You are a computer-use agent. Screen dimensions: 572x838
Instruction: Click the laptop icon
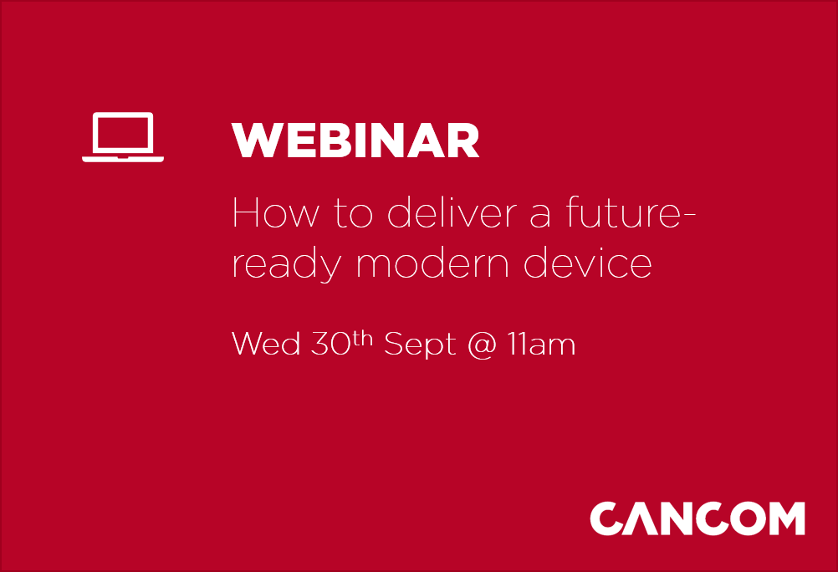pos(123,136)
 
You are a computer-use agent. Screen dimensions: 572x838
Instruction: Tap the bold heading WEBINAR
pos(356,141)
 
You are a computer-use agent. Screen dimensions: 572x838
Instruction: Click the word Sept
pos(420,345)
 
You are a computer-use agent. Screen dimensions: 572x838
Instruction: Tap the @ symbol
pos(482,345)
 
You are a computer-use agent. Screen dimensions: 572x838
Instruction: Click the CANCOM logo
pos(697,518)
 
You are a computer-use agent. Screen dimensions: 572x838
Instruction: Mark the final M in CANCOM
pos(782,518)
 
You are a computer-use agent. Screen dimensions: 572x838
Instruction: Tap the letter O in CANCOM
pos(737,518)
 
